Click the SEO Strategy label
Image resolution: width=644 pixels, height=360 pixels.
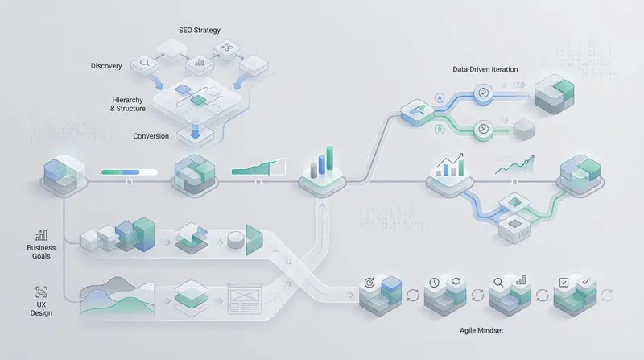click(199, 30)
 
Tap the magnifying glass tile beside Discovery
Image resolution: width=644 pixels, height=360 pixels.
click(147, 60)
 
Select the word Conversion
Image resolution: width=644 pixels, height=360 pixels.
click(151, 136)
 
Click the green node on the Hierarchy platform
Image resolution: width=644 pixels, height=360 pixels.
click(196, 100)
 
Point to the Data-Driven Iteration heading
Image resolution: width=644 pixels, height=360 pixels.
click(485, 70)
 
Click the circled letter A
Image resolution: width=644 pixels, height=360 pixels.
click(440, 97)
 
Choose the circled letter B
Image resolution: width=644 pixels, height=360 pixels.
click(440, 129)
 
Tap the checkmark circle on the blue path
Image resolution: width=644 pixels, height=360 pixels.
click(484, 94)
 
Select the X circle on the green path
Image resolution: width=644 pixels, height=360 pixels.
click(484, 129)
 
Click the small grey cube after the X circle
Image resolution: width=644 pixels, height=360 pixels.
click(523, 128)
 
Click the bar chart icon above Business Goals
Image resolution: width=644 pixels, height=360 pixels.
click(39, 234)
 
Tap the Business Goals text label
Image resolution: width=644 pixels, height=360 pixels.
click(41, 253)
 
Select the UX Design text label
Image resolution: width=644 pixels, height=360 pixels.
click(41, 308)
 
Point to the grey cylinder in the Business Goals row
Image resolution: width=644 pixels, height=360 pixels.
click(235, 240)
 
